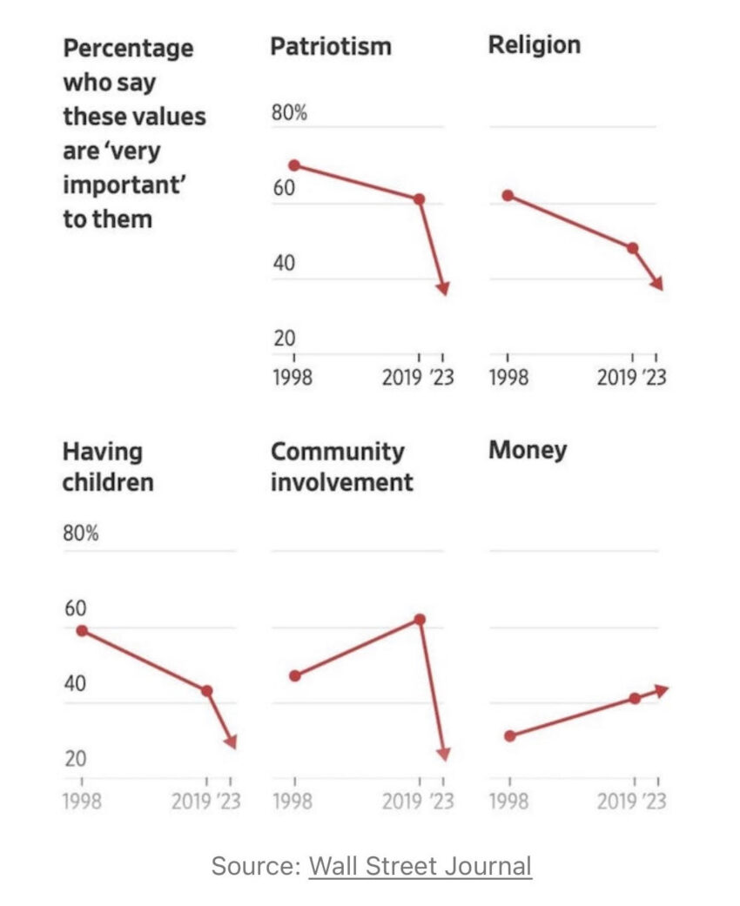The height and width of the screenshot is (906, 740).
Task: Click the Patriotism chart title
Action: click(x=330, y=46)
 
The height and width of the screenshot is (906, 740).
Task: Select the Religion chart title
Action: click(x=534, y=44)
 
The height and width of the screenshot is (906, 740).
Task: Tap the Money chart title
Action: click(x=527, y=450)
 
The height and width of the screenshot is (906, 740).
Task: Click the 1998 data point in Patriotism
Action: click(x=294, y=165)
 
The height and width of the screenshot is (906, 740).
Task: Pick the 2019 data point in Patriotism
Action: click(x=419, y=199)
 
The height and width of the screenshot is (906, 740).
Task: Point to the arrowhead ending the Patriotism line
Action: click(x=443, y=290)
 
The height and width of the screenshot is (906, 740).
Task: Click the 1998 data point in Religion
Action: click(x=508, y=196)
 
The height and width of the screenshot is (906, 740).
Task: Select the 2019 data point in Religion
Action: click(x=633, y=248)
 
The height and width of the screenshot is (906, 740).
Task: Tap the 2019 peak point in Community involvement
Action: click(x=419, y=620)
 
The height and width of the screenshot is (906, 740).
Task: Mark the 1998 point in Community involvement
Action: click(x=295, y=675)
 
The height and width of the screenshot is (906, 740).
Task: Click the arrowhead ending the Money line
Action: click(x=662, y=689)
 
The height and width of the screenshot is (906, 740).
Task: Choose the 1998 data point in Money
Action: click(x=509, y=736)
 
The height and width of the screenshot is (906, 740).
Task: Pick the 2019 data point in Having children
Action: click(x=207, y=691)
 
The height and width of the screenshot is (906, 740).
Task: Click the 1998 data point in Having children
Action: click(x=83, y=630)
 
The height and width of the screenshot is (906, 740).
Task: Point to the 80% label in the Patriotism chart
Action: click(x=290, y=113)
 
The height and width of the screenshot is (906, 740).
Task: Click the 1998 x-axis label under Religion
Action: click(x=508, y=379)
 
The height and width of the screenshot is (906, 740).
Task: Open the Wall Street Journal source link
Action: click(x=420, y=866)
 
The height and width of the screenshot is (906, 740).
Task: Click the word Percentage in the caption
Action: click(x=128, y=47)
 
